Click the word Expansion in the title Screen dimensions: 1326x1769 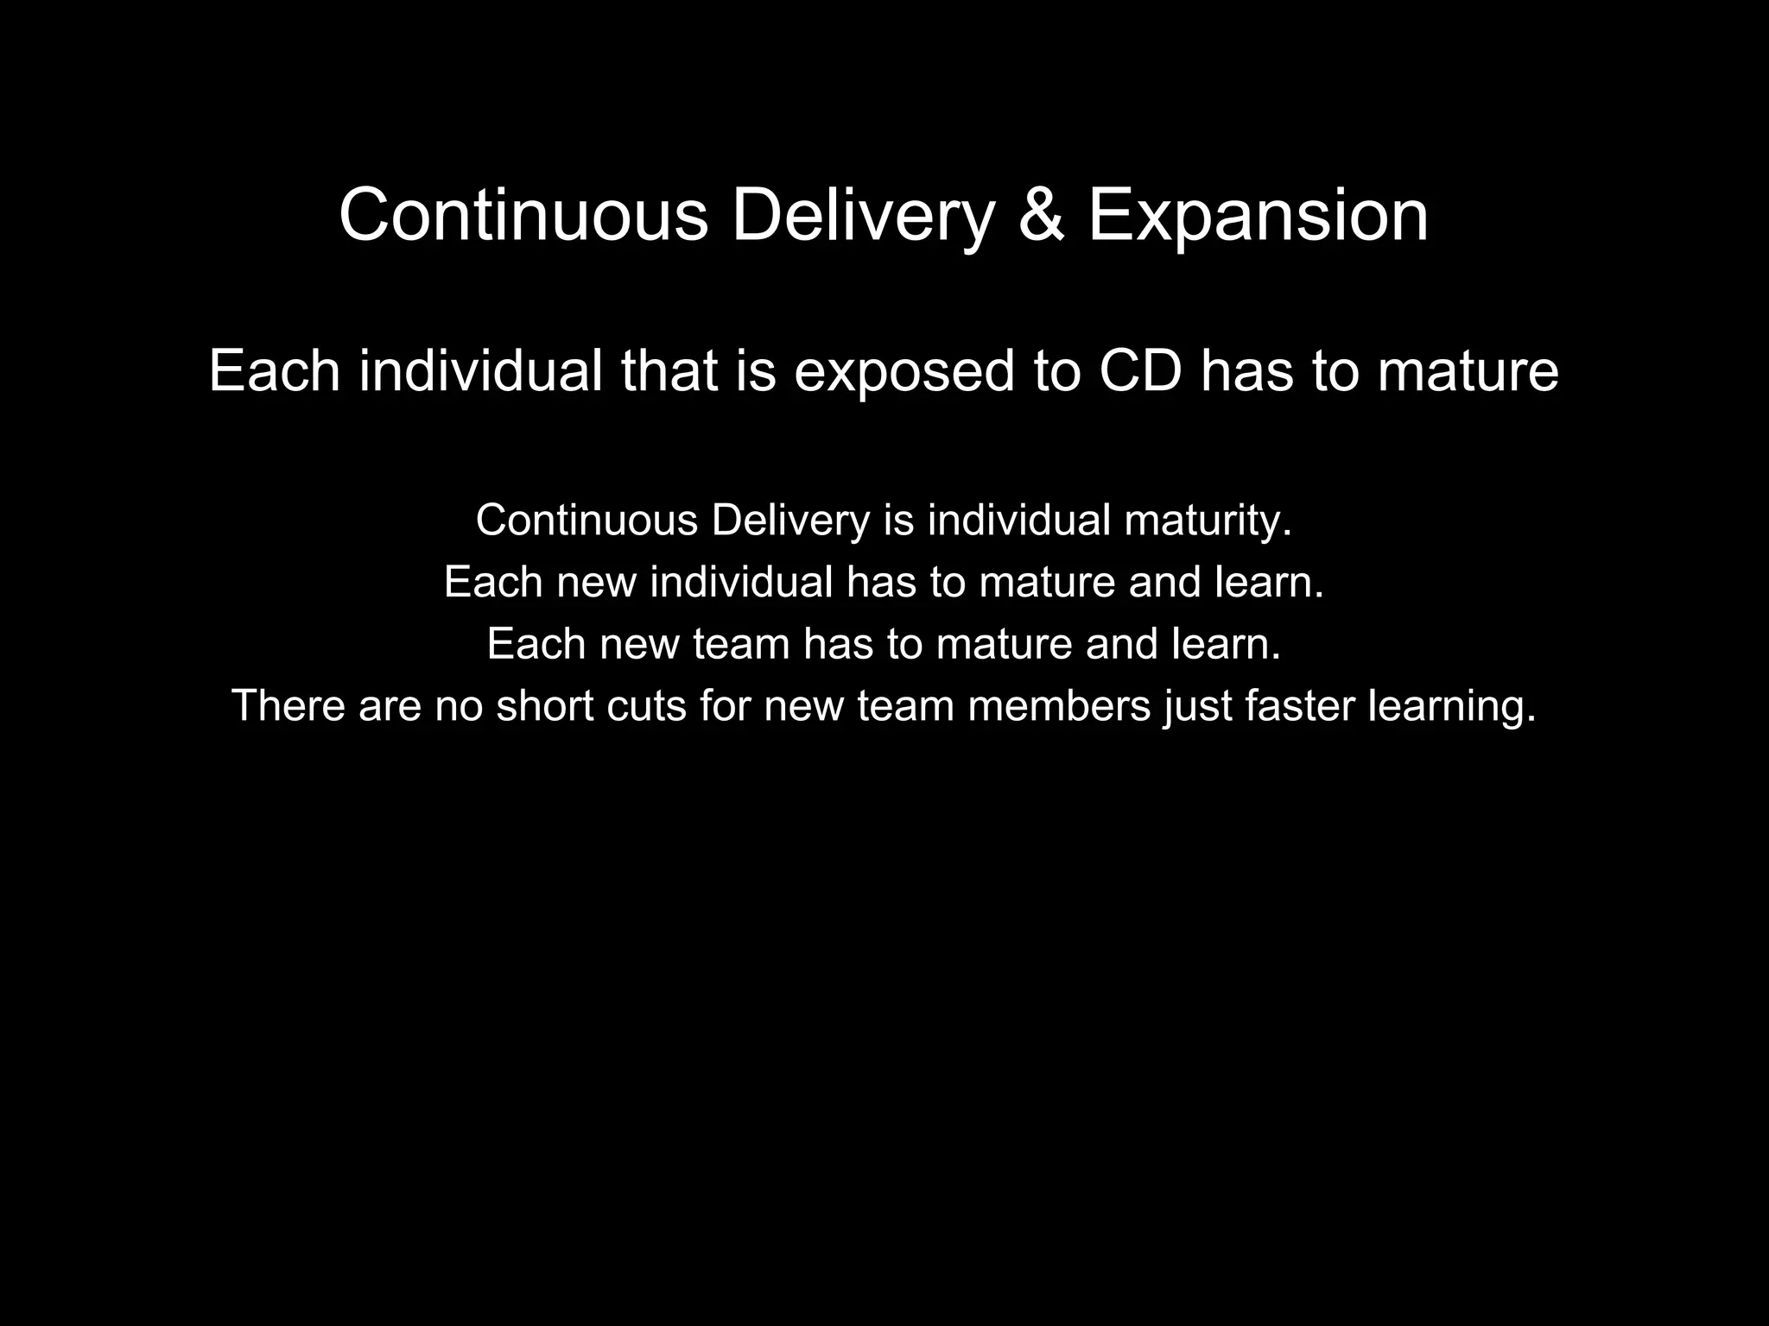(x=1258, y=216)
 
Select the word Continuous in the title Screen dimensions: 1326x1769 (x=523, y=216)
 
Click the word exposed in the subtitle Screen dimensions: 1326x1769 (x=904, y=373)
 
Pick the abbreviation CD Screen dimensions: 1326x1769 (x=1139, y=371)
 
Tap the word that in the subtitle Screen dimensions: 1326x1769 (x=669, y=371)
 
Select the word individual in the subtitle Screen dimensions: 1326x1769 (x=480, y=371)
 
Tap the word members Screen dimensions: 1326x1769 (x=1060, y=705)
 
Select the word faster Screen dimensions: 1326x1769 (x=1301, y=705)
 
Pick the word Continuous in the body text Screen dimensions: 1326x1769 (x=586, y=521)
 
